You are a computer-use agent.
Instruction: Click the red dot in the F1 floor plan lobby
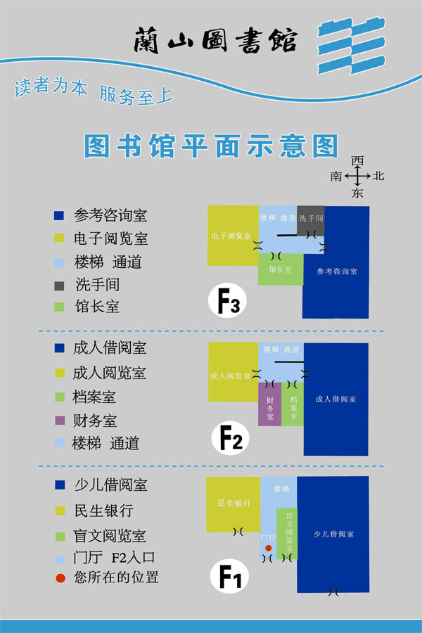pyautogui.click(x=268, y=546)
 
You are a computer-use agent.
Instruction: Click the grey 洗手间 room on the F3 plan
pyautogui.click(x=310, y=219)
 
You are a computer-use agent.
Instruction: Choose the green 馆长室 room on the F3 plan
pyautogui.click(x=280, y=269)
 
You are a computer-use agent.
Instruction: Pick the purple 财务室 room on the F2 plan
pyautogui.click(x=269, y=404)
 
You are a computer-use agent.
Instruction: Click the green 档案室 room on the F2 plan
pyautogui.click(x=293, y=404)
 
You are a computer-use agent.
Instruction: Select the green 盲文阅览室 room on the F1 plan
pyautogui.click(x=287, y=533)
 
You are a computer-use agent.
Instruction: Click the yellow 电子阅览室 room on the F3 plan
pyautogui.click(x=233, y=236)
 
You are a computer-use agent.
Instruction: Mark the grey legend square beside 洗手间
pyautogui.click(x=59, y=285)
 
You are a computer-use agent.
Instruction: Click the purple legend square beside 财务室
pyautogui.click(x=59, y=421)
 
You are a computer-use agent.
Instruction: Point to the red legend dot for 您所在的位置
pyautogui.click(x=60, y=578)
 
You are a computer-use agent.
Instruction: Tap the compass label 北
pyautogui.click(x=378, y=176)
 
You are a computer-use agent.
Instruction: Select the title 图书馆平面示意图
pyautogui.click(x=211, y=146)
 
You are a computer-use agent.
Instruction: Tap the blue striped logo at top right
pyautogui.click(x=351, y=47)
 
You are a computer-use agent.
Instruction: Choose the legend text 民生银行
pyautogui.click(x=103, y=511)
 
